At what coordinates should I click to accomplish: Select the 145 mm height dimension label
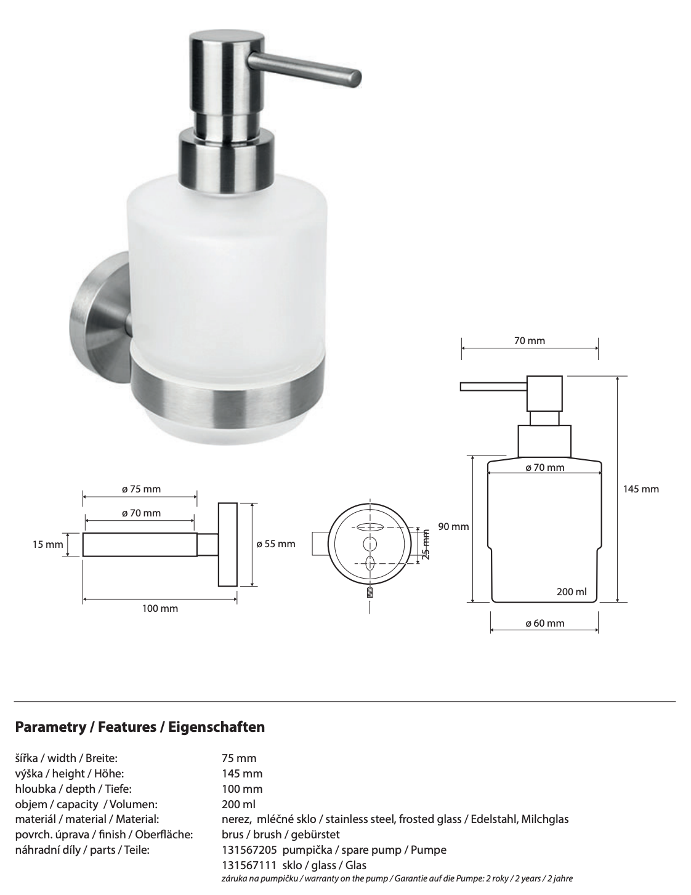tap(640, 489)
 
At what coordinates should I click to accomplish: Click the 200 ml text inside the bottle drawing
tap(572, 592)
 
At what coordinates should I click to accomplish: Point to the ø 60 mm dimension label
tap(544, 624)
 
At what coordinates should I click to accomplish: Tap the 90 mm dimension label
tap(453, 527)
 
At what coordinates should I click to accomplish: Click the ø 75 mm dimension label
tap(141, 489)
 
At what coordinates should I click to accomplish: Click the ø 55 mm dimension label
tap(275, 544)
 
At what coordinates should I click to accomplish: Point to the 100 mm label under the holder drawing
tap(160, 609)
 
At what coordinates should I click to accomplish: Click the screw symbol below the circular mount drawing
tap(370, 592)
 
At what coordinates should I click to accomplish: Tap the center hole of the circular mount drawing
tap(370, 544)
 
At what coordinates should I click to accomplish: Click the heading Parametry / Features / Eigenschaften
tap(140, 727)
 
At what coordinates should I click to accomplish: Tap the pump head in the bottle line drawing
tap(543, 393)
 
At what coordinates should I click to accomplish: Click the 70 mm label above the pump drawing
tap(530, 340)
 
